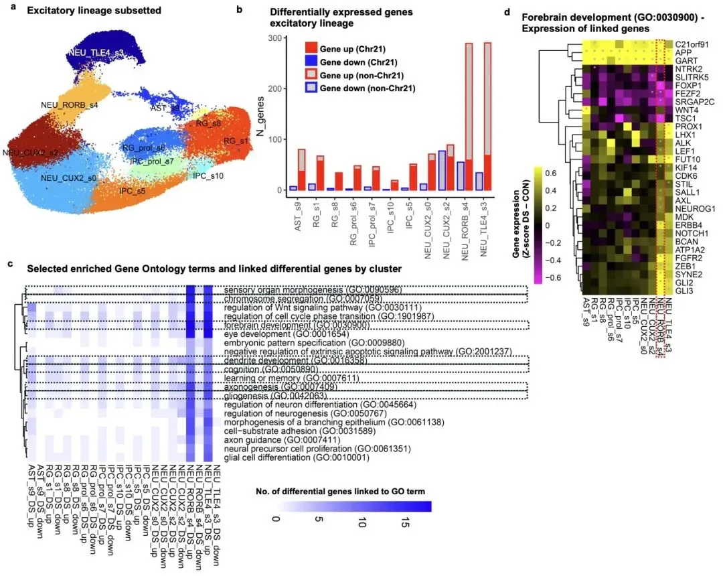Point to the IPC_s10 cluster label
tap(208, 175)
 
